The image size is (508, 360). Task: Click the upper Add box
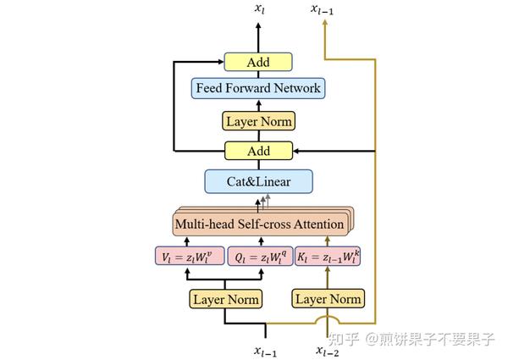(258, 62)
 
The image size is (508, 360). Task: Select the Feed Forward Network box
(258, 88)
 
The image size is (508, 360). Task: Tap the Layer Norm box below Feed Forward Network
(258, 121)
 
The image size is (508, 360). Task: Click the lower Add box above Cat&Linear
(258, 151)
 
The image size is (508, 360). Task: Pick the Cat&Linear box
(258, 181)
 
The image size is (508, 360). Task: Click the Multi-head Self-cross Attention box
(259, 224)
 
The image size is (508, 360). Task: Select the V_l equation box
(190, 256)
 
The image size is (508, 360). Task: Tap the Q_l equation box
(258, 256)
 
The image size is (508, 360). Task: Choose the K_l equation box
(328, 256)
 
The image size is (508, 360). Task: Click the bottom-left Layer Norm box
(224, 299)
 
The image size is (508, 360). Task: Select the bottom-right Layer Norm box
(328, 299)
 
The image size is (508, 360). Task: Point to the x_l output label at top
(259, 8)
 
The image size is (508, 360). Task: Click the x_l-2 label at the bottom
(329, 348)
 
